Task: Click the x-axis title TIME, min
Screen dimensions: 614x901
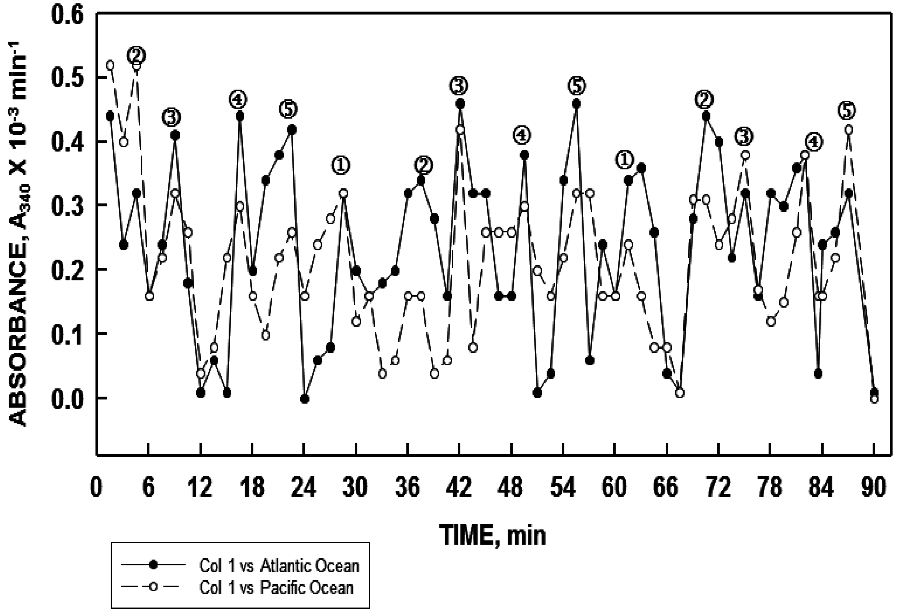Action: click(492, 536)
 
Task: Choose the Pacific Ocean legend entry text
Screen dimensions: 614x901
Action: click(276, 588)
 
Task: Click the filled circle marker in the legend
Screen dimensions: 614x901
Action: click(154, 565)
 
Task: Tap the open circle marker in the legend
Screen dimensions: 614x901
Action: click(154, 587)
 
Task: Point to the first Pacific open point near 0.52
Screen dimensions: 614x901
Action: click(111, 65)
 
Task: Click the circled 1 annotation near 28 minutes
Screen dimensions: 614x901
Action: click(341, 165)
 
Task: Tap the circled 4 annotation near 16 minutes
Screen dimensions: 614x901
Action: click(238, 100)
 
